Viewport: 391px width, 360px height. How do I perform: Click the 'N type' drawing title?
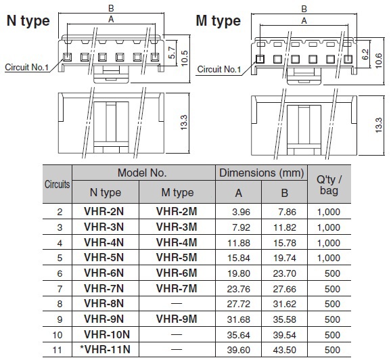pyautogui.click(x=28, y=22)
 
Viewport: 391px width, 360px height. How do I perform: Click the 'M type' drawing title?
pyautogui.click(x=218, y=21)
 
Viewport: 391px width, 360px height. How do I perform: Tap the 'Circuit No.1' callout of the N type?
pyautogui.click(x=26, y=67)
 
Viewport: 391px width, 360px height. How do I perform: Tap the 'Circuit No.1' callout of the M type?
pyautogui.click(x=219, y=69)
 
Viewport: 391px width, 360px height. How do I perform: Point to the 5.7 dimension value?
pyautogui.click(x=172, y=53)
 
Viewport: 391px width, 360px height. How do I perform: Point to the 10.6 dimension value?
pyautogui.click(x=378, y=61)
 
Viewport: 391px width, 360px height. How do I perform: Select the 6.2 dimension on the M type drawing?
pyautogui.click(x=365, y=54)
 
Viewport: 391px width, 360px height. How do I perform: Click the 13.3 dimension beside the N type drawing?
pyautogui.click(x=183, y=122)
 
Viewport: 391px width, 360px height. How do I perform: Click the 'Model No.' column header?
pyautogui.click(x=142, y=173)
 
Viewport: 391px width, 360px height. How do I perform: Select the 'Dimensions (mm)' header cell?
pyautogui.click(x=261, y=173)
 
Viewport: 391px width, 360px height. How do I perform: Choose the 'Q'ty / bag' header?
pyautogui.click(x=329, y=185)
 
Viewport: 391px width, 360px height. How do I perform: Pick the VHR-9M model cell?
pyautogui.click(x=177, y=319)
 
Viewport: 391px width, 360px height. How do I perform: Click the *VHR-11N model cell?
pyautogui.click(x=105, y=349)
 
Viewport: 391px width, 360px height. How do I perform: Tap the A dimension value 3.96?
pyautogui.click(x=241, y=212)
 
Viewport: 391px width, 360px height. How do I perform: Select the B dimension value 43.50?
pyautogui.click(x=285, y=350)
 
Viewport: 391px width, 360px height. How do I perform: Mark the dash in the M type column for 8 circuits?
pyautogui.click(x=177, y=304)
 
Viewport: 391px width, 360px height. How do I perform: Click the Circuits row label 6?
pyautogui.click(x=60, y=273)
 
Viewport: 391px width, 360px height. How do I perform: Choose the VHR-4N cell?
pyautogui.click(x=103, y=242)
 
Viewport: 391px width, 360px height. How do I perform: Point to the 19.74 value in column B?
pyautogui.click(x=285, y=258)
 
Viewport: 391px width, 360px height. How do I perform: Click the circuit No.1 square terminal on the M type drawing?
pyautogui.click(x=260, y=59)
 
